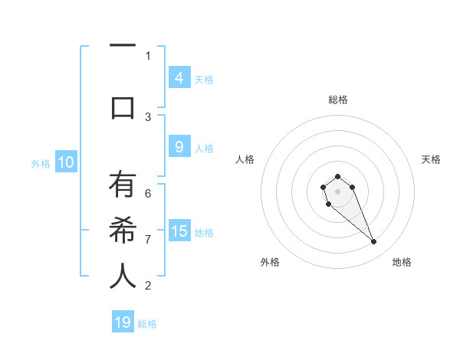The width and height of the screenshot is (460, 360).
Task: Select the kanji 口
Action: tap(123, 107)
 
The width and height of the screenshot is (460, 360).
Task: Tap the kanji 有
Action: tap(123, 185)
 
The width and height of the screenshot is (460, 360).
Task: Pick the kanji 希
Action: tap(123, 231)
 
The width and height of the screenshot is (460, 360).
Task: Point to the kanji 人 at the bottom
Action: tap(123, 277)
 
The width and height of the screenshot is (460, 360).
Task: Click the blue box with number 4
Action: tap(179, 77)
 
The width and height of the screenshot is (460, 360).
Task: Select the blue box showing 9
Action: tap(179, 146)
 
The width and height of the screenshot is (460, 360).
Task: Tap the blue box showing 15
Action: tap(179, 231)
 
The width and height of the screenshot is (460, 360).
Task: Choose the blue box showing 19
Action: tap(123, 322)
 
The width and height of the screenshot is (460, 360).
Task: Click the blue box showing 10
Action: tap(65, 162)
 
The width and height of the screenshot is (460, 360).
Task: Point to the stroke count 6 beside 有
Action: tap(148, 194)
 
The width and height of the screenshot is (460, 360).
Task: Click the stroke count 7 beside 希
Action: tap(148, 240)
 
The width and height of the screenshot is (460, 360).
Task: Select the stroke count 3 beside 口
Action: tap(148, 117)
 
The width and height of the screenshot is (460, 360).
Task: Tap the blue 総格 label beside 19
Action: tap(147, 324)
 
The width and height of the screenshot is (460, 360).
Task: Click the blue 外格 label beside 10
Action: tap(41, 163)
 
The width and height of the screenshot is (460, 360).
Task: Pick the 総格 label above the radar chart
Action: tap(338, 100)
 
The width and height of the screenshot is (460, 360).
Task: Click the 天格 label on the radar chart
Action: tap(431, 159)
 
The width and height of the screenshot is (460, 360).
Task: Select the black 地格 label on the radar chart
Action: tap(402, 262)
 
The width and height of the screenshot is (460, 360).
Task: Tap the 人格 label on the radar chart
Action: tap(245, 159)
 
